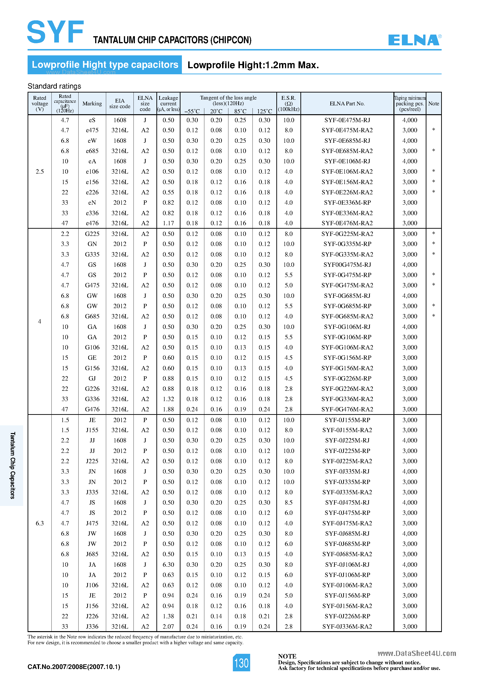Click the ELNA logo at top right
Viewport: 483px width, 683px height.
pyautogui.click(x=414, y=40)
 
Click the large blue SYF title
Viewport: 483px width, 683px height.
pyautogui.click(x=56, y=32)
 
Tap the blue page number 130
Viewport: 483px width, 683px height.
pyautogui.click(x=241, y=663)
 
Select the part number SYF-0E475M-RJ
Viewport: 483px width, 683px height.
pyautogui.click(x=347, y=120)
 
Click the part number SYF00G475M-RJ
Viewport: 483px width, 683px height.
pyautogui.click(x=347, y=265)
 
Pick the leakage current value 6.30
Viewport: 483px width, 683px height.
pyautogui.click(x=168, y=565)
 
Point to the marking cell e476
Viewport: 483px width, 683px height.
pyautogui.click(x=92, y=223)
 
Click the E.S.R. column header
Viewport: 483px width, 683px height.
pyautogui.click(x=288, y=103)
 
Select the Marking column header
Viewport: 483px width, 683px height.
pyautogui.click(x=92, y=103)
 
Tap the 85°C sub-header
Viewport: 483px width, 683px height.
pyautogui.click(x=240, y=111)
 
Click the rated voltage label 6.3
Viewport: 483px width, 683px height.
pyautogui.click(x=40, y=523)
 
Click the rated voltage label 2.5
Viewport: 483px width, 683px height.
pyautogui.click(x=40, y=172)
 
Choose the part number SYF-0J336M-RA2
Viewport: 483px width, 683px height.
pyautogui.click(x=347, y=626)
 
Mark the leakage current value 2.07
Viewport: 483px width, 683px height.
pyautogui.click(x=168, y=626)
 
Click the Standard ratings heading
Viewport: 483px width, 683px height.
pyautogui.click(x=54, y=86)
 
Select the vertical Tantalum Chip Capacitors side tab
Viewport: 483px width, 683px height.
pyautogui.click(x=12, y=466)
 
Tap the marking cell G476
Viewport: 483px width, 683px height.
pyautogui.click(x=92, y=409)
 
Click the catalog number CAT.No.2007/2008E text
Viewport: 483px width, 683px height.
pyautogui.click(x=74, y=667)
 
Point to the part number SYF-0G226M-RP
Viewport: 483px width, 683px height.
pyautogui.click(x=347, y=378)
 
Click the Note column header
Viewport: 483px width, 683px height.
pyautogui.click(x=434, y=103)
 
